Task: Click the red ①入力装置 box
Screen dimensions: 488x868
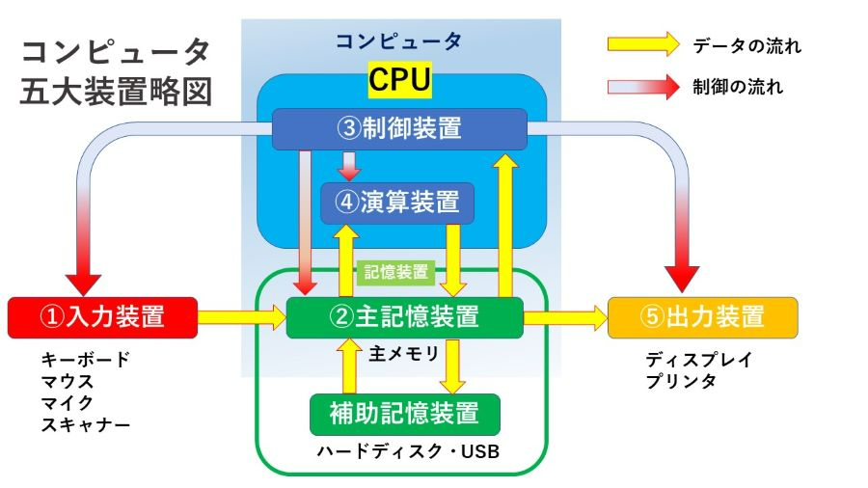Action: pyautogui.click(x=102, y=317)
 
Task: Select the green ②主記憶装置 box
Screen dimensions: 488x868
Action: pyautogui.click(x=404, y=317)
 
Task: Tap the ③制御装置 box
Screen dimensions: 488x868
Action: pyautogui.click(x=399, y=129)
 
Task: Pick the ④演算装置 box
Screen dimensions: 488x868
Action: pyautogui.click(x=398, y=203)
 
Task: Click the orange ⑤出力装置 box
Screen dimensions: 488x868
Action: pyautogui.click(x=702, y=317)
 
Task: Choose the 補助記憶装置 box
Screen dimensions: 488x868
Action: pyautogui.click(x=405, y=414)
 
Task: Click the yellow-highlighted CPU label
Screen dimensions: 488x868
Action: pyautogui.click(x=400, y=82)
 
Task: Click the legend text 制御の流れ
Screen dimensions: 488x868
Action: pyautogui.click(x=738, y=87)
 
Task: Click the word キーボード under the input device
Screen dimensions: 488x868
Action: pyautogui.click(x=85, y=360)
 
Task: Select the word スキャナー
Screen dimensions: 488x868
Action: pyautogui.click(x=85, y=423)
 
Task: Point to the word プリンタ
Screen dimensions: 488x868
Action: pyautogui.click(x=681, y=382)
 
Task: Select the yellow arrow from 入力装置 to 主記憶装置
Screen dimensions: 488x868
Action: pyautogui.click(x=241, y=315)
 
